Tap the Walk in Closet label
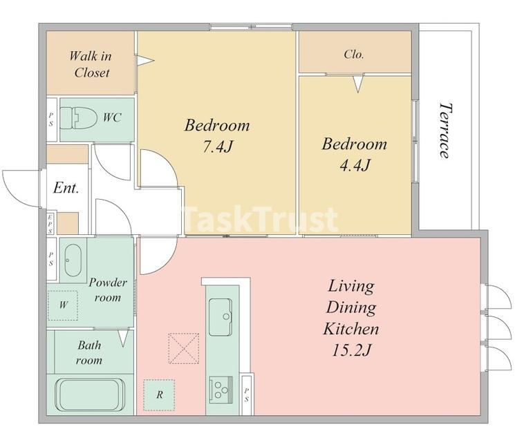pos(91,64)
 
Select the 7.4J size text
pos(217,146)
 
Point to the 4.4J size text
pos(355,165)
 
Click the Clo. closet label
pos(354,54)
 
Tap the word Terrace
pos(445,131)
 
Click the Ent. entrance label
pos(66,188)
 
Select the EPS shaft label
pos(50,224)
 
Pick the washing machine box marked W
pos(63,305)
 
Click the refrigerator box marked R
pos(159,395)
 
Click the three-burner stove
pos(221,389)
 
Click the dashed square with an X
pos(184,348)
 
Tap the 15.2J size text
pos(351,350)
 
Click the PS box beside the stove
pos(247,394)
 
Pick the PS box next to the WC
pos(51,119)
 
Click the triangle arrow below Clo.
pos(358,84)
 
